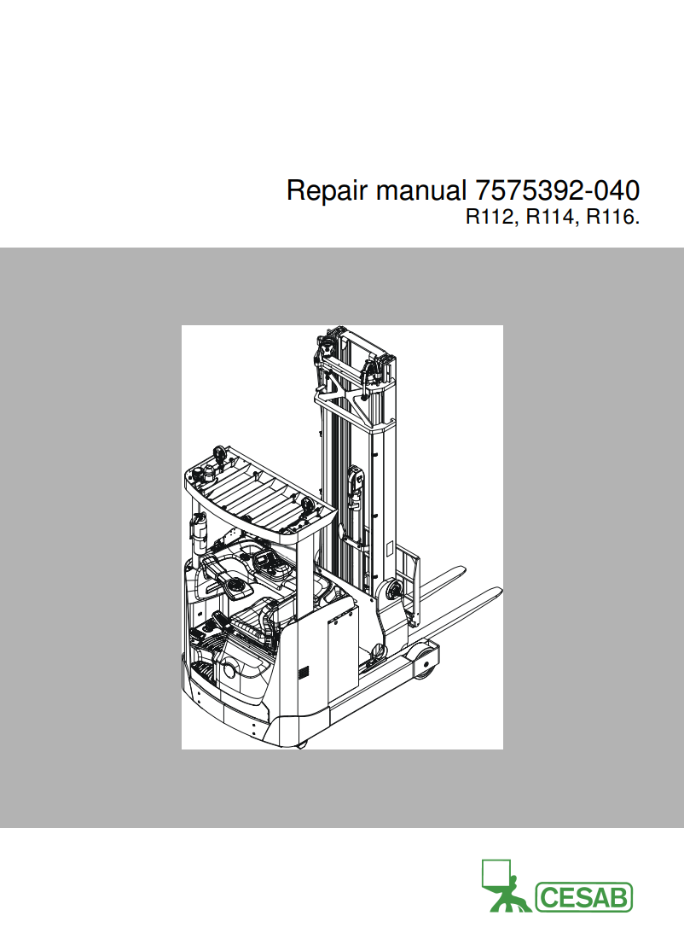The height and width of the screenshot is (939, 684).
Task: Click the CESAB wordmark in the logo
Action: click(x=583, y=897)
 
